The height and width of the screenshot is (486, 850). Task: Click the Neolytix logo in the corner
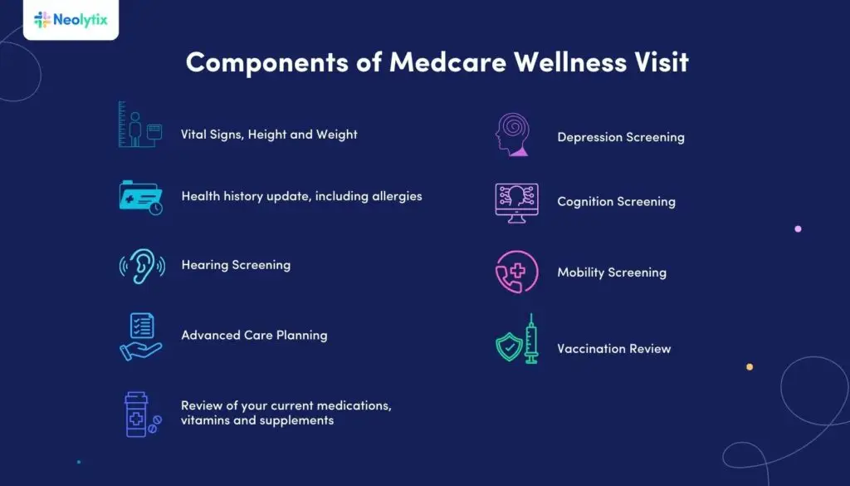[71, 19]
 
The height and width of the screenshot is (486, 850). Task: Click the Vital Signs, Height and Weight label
[269, 134]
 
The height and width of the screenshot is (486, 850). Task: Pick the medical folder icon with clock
[140, 197]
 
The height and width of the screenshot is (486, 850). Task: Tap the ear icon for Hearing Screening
[142, 265]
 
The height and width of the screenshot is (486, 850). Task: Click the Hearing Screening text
[236, 265]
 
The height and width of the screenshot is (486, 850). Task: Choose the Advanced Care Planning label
[254, 336]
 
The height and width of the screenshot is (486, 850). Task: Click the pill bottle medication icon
[139, 414]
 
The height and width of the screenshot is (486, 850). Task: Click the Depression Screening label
[621, 137]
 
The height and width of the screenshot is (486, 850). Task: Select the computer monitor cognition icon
[516, 202]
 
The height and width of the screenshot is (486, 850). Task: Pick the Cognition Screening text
[616, 202]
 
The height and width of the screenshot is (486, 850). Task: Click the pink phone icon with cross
[516, 272]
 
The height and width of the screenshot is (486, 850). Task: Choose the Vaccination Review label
[613, 349]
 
